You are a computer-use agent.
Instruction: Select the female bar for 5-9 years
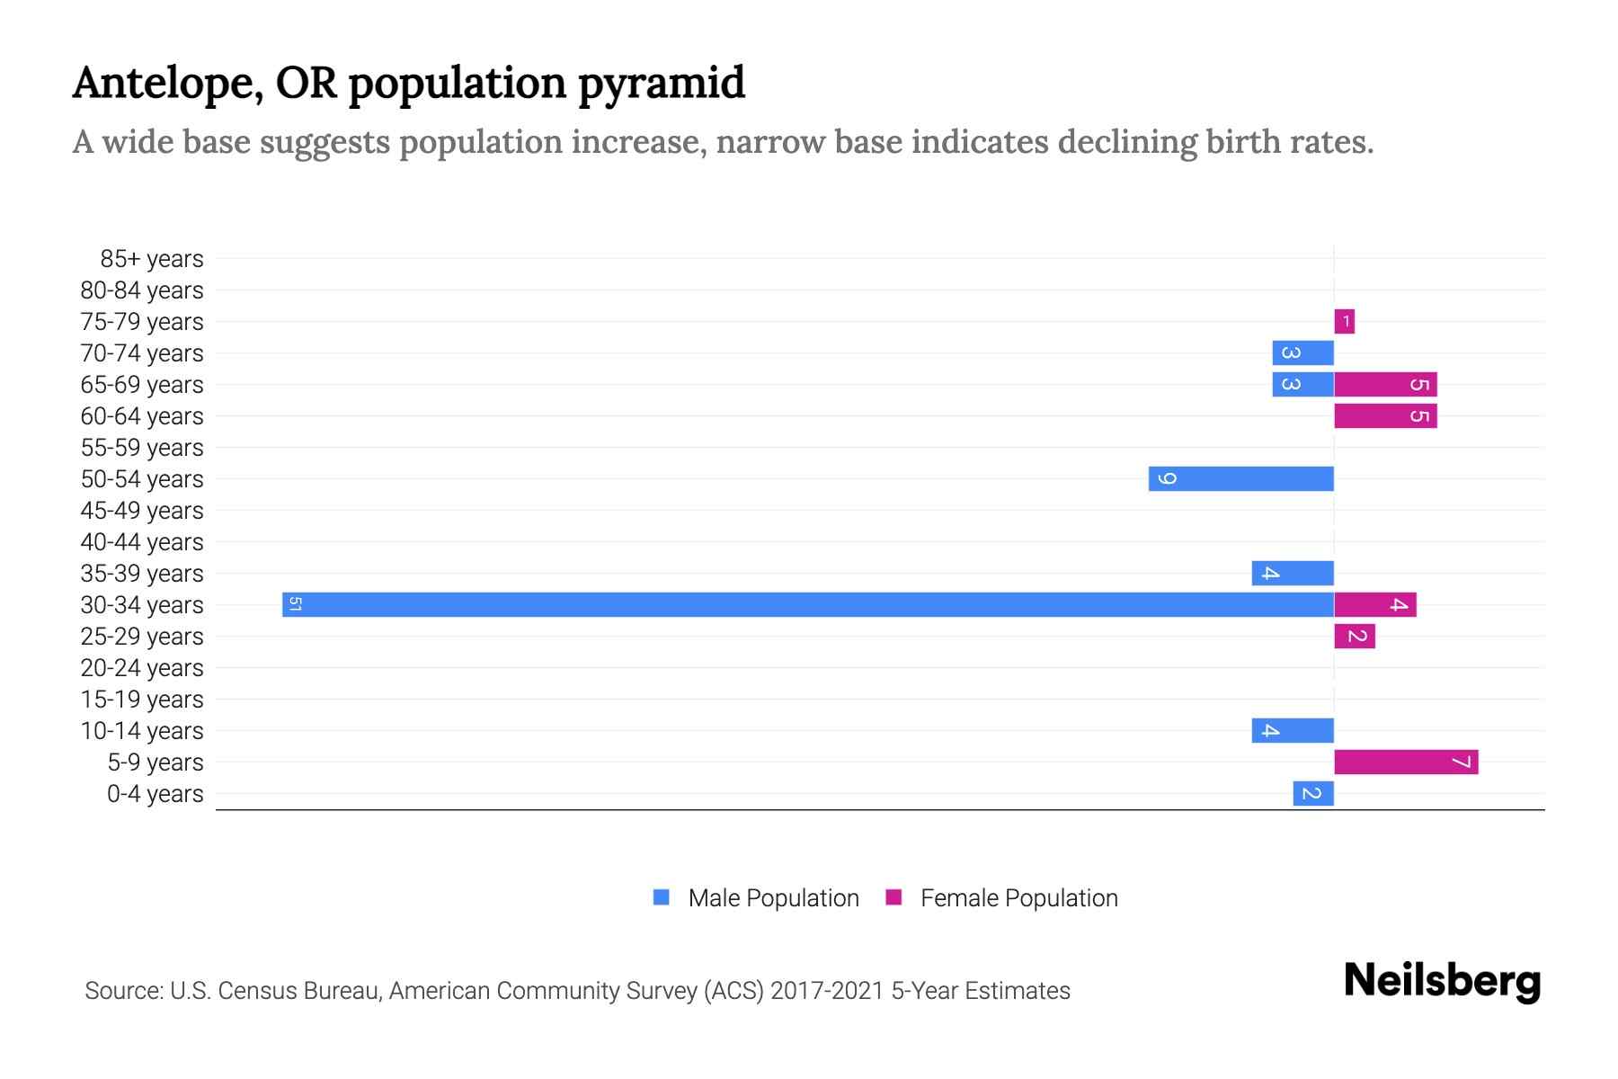(x=1406, y=762)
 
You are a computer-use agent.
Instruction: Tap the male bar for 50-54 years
(x=1240, y=478)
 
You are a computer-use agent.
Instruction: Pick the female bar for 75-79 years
(x=1344, y=321)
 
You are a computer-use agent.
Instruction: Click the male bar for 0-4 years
(x=1313, y=794)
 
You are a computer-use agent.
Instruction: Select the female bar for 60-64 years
(x=1385, y=416)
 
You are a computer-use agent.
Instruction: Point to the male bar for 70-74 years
(x=1302, y=352)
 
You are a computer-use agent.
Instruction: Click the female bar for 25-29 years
(x=1355, y=637)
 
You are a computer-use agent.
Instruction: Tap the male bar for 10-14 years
(x=1293, y=731)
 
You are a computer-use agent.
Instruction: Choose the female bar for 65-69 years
(x=1385, y=385)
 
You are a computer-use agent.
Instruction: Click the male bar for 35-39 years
(x=1293, y=573)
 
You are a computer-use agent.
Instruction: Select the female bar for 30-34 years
(x=1375, y=604)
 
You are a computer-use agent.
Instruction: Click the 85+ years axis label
(x=152, y=259)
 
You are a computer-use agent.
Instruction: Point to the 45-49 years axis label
(x=142, y=511)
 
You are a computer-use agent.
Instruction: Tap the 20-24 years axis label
(x=142, y=668)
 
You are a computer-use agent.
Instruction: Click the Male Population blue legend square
(x=662, y=897)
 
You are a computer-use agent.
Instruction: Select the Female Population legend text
(x=1018, y=898)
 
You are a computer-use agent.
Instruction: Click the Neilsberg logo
(x=1442, y=981)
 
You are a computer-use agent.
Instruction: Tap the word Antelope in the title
(x=167, y=84)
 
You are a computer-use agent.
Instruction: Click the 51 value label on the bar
(x=295, y=604)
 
